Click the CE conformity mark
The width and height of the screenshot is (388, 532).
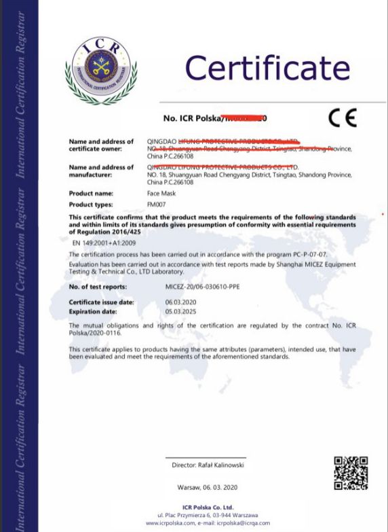click(x=342, y=118)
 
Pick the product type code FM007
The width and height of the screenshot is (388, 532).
click(x=157, y=205)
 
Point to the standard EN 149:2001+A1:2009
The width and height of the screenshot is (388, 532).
click(x=104, y=241)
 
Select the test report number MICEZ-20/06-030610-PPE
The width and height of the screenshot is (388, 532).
click(x=202, y=287)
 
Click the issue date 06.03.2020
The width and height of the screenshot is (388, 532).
click(x=180, y=302)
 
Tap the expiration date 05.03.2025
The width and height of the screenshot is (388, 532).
click(x=180, y=311)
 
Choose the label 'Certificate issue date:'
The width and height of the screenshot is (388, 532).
click(x=102, y=302)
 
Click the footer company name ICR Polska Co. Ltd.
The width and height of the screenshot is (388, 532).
click(x=208, y=507)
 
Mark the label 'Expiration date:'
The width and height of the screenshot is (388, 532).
click(x=94, y=311)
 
